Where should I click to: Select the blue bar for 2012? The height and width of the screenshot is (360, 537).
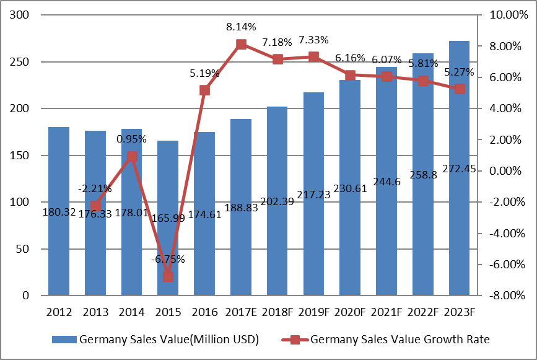click(59, 248)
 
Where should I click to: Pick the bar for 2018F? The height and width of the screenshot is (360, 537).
click(277, 248)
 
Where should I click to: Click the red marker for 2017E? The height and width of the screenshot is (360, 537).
click(241, 44)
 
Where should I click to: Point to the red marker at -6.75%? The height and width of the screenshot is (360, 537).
click(168, 276)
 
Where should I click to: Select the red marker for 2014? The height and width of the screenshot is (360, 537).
click(132, 157)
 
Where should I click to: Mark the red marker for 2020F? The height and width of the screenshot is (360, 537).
click(350, 75)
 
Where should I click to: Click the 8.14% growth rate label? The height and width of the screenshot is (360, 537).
click(241, 27)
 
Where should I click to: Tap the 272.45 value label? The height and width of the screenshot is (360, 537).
click(459, 168)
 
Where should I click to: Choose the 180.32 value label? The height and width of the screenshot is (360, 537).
click(59, 212)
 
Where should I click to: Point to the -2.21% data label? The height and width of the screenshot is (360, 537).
click(95, 188)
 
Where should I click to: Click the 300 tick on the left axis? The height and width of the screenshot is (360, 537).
click(22, 15)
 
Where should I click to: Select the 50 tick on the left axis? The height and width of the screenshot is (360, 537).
click(25, 249)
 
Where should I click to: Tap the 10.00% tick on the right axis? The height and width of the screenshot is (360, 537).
click(505, 15)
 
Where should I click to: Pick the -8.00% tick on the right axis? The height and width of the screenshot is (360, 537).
click(505, 296)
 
